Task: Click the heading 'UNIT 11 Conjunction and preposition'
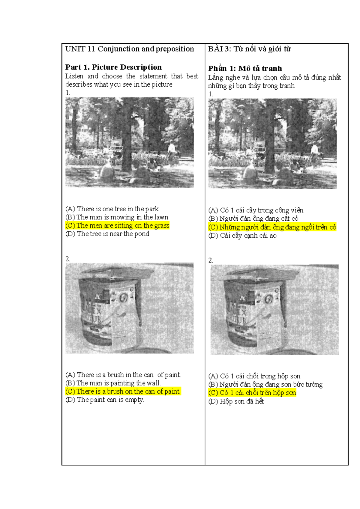[130, 49]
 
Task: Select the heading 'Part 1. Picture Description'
[113, 67]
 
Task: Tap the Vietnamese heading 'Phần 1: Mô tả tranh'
[245, 68]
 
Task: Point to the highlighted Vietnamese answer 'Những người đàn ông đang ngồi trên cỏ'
[272, 227]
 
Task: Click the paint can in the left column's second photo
[109, 312]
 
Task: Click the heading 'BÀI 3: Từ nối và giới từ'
[249, 49]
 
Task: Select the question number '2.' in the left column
[67, 259]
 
